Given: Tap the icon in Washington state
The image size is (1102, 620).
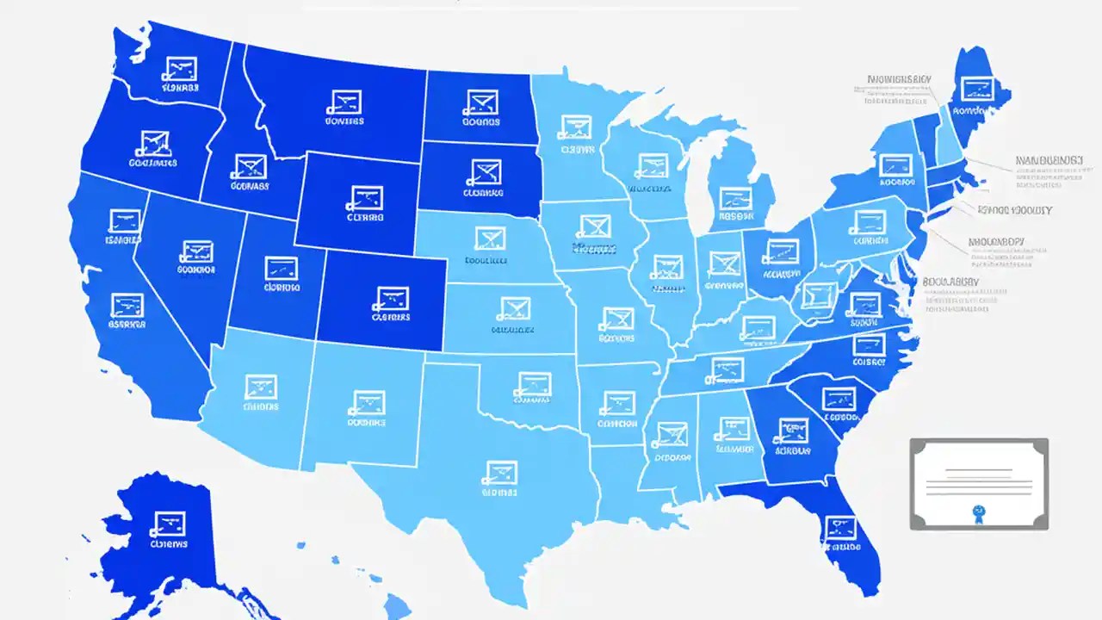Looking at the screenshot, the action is click(x=181, y=68).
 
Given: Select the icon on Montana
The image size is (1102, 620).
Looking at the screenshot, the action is click(x=344, y=102).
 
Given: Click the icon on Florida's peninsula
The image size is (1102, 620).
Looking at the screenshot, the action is click(x=840, y=527).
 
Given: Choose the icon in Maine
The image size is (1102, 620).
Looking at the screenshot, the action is click(x=976, y=88).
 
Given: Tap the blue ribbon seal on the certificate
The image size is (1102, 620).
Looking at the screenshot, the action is click(x=978, y=512).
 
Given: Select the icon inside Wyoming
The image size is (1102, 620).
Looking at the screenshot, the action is click(x=365, y=198).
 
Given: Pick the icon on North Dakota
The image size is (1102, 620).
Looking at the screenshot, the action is click(x=480, y=102).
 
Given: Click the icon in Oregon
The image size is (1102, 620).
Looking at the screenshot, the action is click(x=154, y=142).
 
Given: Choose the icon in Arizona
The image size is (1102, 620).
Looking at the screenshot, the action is click(x=260, y=386).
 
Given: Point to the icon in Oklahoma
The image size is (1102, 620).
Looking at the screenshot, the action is click(x=533, y=382).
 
